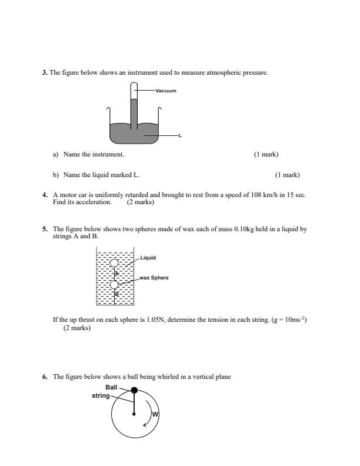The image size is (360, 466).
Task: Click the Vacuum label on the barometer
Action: [166, 91]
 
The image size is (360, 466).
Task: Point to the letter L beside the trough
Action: [180, 136]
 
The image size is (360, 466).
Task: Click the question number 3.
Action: [44, 72]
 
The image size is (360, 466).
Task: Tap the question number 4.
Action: [44, 195]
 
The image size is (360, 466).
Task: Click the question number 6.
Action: [44, 377]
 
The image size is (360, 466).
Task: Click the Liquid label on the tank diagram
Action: [148, 258]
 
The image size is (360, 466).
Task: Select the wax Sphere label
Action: [154, 277]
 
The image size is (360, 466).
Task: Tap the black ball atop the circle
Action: [134, 390]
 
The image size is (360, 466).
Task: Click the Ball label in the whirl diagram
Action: [111, 387]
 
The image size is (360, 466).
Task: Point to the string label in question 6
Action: [101, 395]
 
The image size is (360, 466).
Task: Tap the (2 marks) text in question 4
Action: [141, 202]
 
